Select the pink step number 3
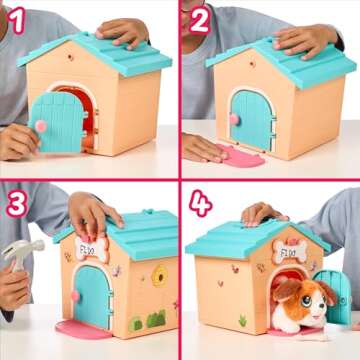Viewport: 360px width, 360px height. [x=16, y=204]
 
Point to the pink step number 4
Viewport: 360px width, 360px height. [x=200, y=203]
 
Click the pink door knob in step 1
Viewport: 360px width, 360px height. [x=41, y=125]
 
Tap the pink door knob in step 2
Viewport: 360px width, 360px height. [x=233, y=118]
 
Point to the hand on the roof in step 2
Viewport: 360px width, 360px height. [x=306, y=39]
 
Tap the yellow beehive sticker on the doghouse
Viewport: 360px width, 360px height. [x=158, y=273]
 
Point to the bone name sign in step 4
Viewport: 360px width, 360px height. [x=289, y=252]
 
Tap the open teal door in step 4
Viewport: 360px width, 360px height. [x=337, y=294]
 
